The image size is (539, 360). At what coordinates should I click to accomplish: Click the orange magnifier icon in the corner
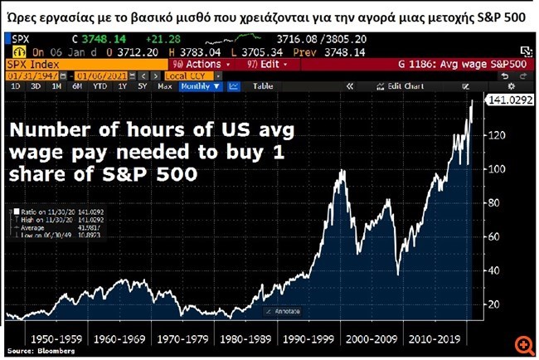(x=523, y=343)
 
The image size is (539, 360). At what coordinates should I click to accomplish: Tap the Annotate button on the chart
(x=282, y=311)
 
